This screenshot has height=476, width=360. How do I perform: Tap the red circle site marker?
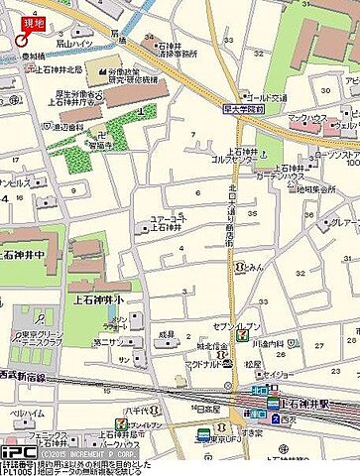pos(22,40)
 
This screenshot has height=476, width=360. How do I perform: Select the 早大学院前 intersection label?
pos(242,111)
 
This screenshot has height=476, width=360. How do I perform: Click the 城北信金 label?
pos(209,348)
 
